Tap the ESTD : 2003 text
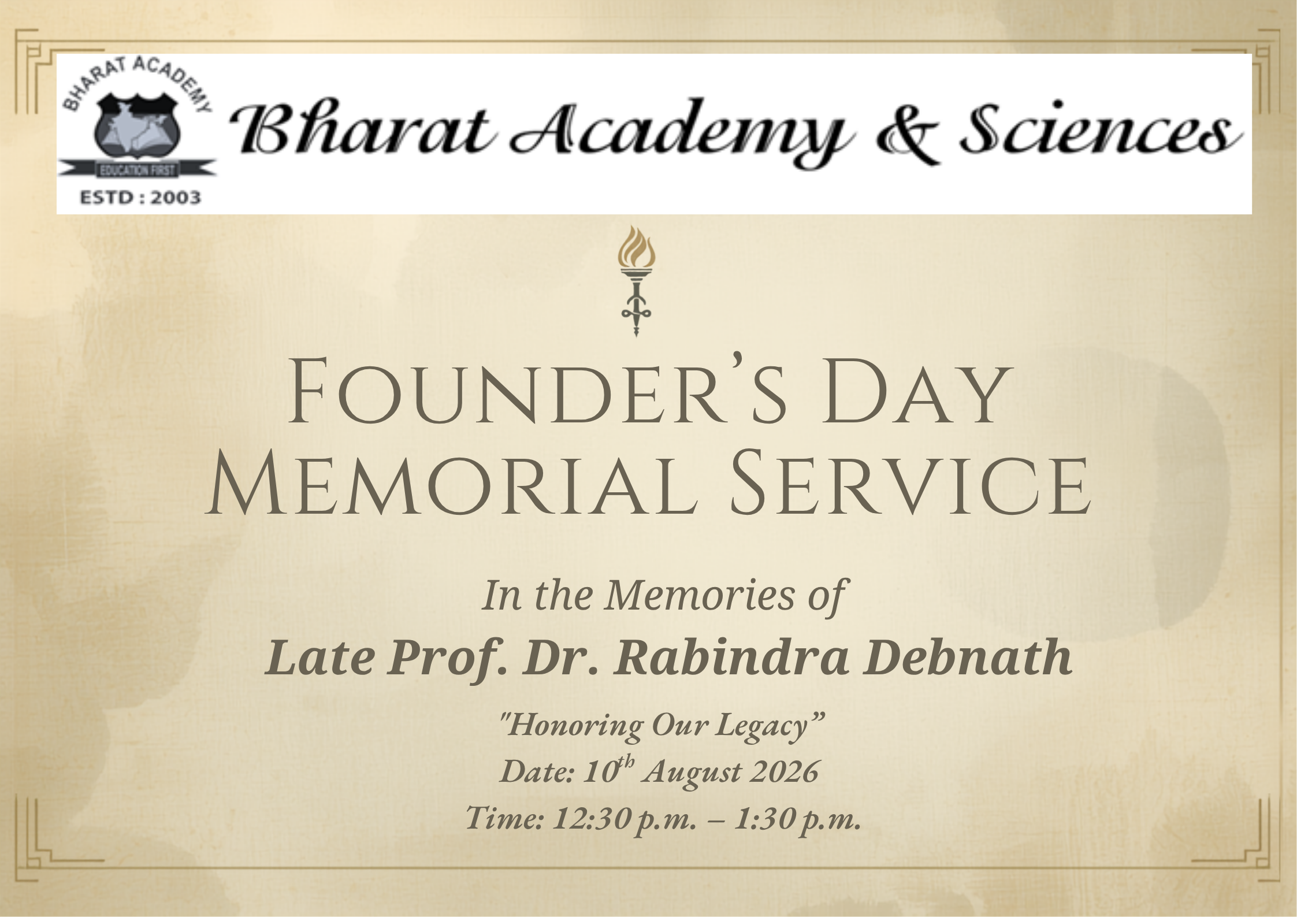[140, 198]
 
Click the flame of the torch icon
[636, 249]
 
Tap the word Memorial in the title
[451, 487]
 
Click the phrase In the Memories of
[664, 596]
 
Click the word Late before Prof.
[319, 659]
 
